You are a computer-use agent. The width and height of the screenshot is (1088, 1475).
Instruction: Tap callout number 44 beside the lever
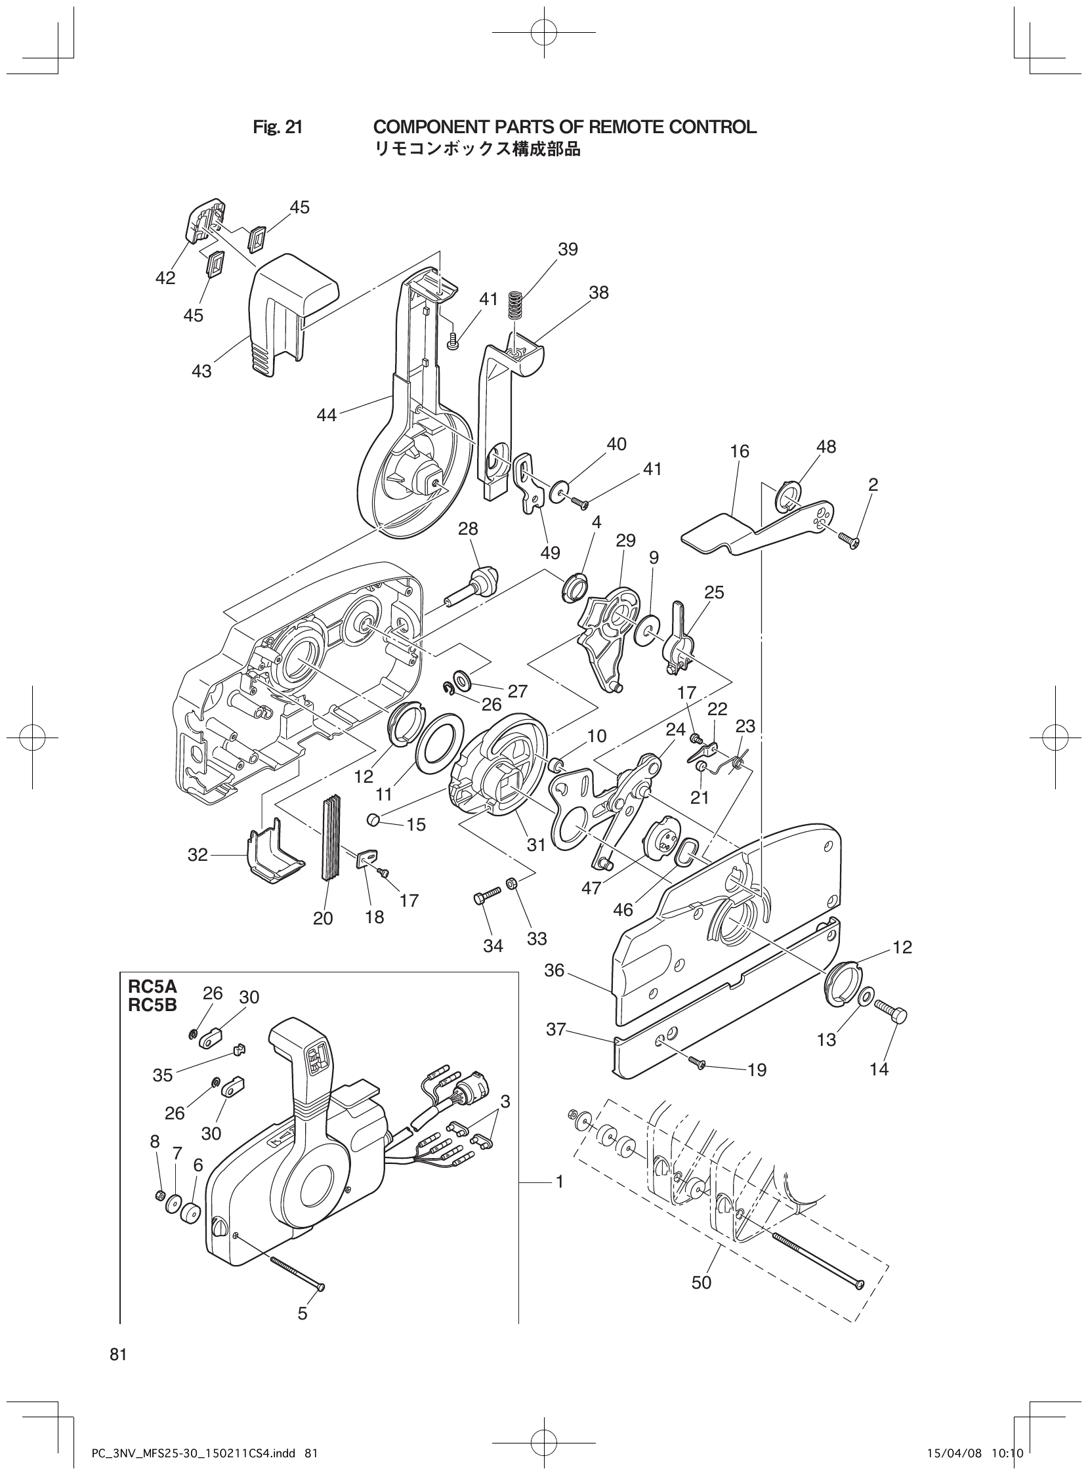(327, 415)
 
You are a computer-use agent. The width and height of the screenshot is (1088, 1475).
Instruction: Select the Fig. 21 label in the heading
(278, 127)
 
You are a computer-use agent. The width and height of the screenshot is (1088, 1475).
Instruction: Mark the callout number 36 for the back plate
(554, 988)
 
